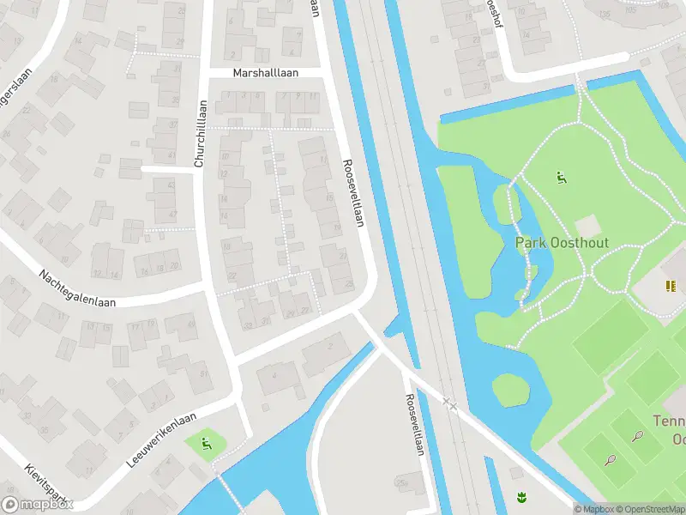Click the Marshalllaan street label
coord(266,73)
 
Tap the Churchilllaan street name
coord(201,133)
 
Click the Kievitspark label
coord(44,484)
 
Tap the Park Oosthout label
coord(562,243)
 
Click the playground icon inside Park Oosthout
coord(562,179)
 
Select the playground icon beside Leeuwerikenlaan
coord(206,444)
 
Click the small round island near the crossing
coord(511,390)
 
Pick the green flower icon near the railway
coord(520,495)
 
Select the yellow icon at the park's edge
coord(669,286)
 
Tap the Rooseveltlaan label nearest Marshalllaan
coord(354,193)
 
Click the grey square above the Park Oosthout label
coord(588,225)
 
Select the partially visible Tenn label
coord(669,421)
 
